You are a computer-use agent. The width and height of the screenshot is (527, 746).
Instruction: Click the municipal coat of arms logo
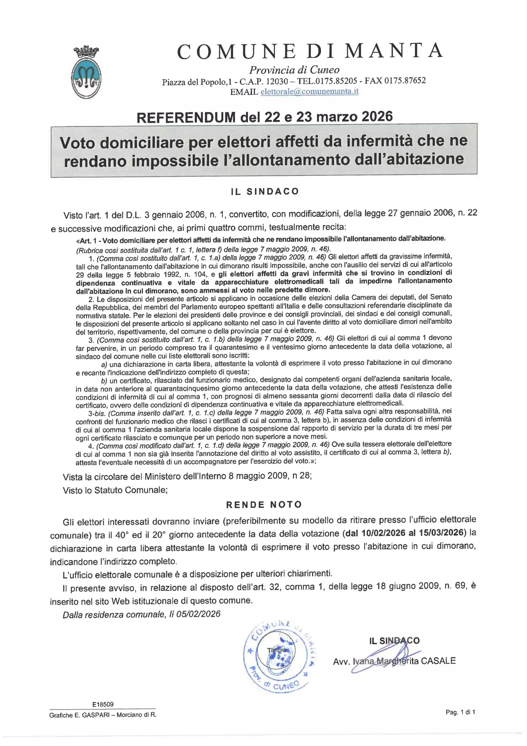[x=86, y=73]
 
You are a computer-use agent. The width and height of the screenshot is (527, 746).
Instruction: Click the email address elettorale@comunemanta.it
[x=309, y=91]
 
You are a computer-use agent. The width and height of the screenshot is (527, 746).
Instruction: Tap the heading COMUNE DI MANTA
[x=310, y=51]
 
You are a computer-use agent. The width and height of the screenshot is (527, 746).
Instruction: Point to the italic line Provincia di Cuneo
[x=294, y=70]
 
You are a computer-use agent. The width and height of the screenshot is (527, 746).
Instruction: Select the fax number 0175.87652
[x=405, y=80]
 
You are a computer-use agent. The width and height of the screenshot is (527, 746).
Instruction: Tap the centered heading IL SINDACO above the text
[x=265, y=191]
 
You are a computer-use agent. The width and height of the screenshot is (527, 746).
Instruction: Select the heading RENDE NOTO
[x=264, y=504]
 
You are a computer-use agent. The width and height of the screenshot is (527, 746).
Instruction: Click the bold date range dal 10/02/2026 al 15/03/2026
[x=405, y=533]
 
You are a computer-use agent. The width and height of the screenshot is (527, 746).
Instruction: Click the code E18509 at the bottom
[x=103, y=705]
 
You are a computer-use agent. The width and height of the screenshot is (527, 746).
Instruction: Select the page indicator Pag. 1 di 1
[x=460, y=712]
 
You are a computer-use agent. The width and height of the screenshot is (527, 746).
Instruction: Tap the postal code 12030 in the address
[x=277, y=81]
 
